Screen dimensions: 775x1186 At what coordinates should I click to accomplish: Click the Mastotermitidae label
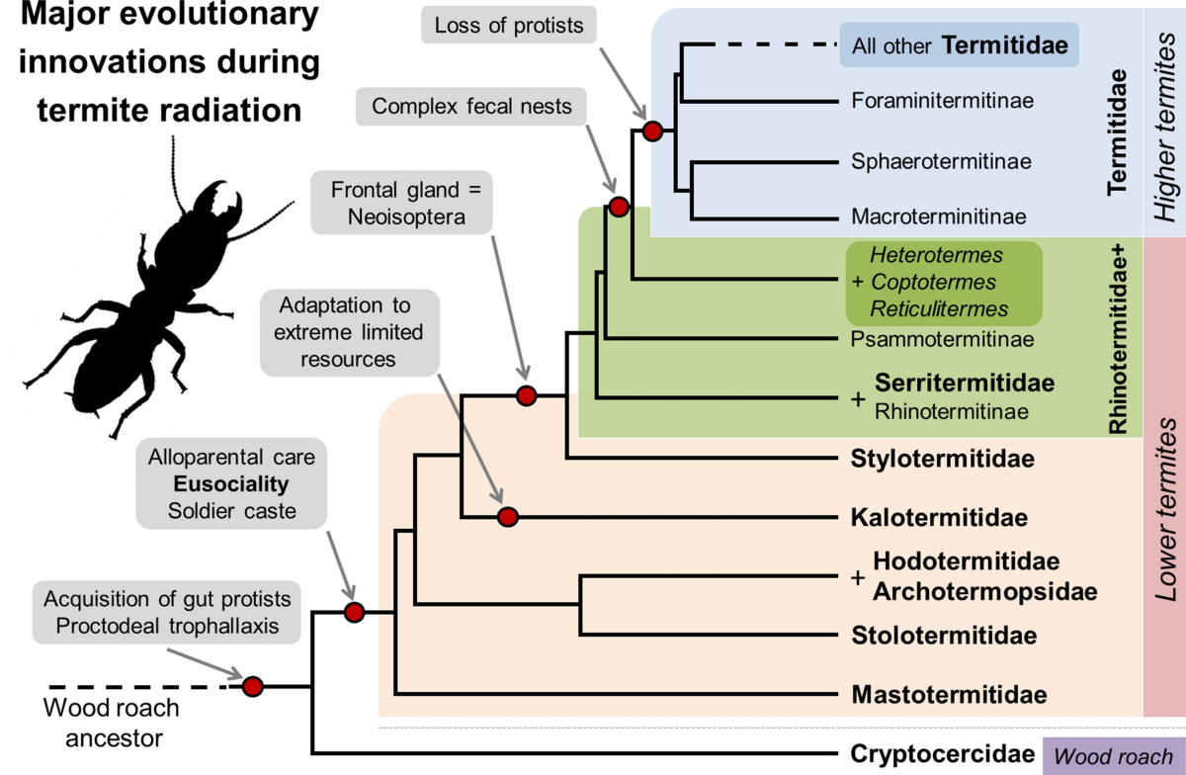click(948, 693)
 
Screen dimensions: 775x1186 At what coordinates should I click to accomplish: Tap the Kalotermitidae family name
click(939, 517)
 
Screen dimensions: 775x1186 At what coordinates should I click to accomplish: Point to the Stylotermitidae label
click(943, 459)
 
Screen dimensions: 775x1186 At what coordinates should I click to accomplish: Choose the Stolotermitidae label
click(944, 636)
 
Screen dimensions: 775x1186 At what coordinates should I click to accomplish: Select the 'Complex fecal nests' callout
click(472, 106)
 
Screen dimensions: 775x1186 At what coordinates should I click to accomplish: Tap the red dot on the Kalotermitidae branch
click(508, 516)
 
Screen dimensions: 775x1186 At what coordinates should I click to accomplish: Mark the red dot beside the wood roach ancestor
click(253, 686)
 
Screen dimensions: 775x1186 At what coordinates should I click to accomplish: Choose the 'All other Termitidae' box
click(957, 44)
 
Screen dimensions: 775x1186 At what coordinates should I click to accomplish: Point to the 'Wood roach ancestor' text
click(112, 723)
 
